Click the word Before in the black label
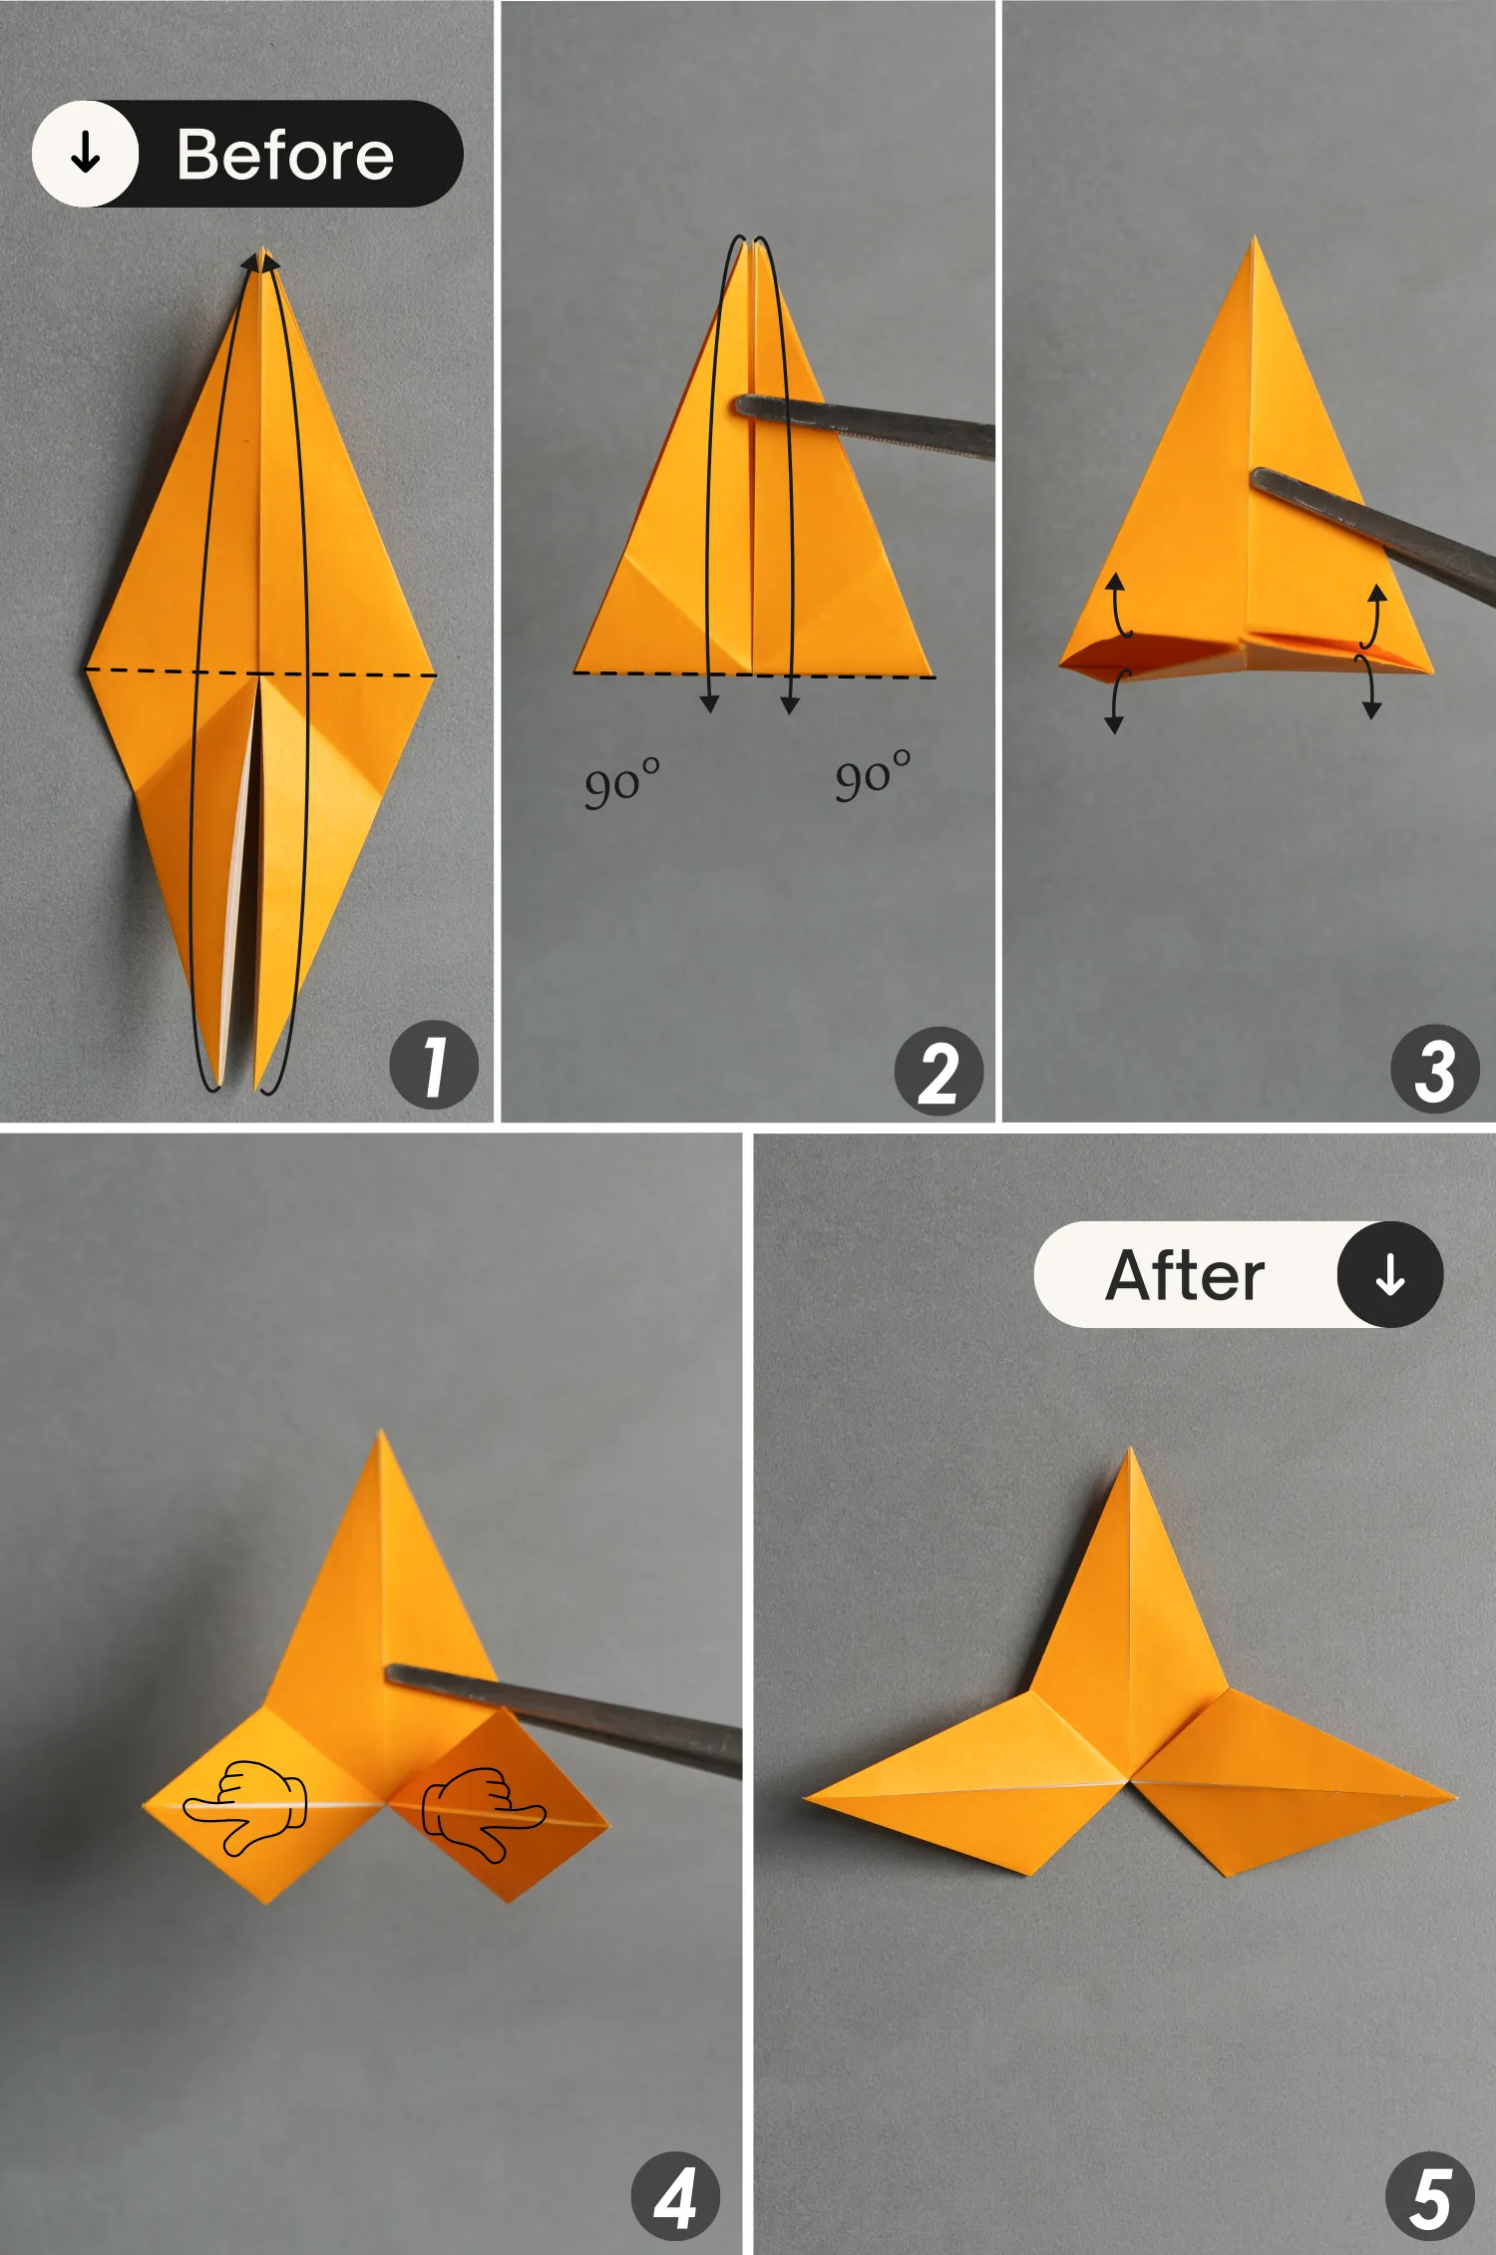(x=285, y=156)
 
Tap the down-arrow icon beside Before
(x=86, y=154)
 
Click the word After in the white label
(x=1185, y=1275)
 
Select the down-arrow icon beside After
(x=1389, y=1275)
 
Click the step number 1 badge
(x=434, y=1065)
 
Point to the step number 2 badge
(x=938, y=1072)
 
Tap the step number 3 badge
(x=1434, y=1069)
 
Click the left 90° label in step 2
(x=621, y=783)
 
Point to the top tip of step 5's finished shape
(x=1130, y=1452)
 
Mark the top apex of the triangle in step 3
(x=1254, y=240)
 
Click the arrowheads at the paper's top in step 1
(x=260, y=261)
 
